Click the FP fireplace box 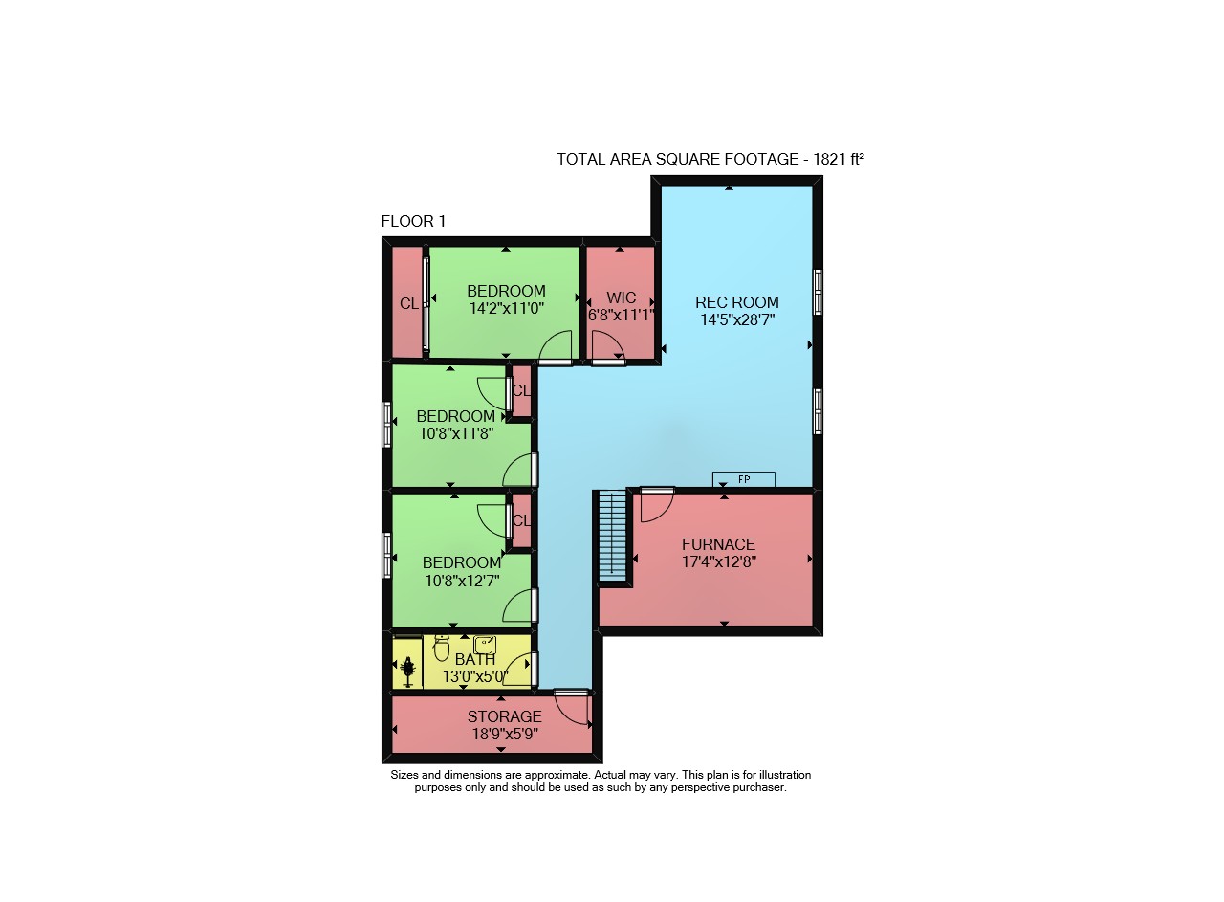(x=744, y=479)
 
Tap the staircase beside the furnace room (x=613, y=537)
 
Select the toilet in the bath (x=441, y=648)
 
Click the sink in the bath (x=485, y=645)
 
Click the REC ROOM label (x=736, y=302)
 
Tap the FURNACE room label (x=718, y=544)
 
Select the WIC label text (x=622, y=297)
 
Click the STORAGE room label (x=504, y=716)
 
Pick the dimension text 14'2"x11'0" (x=507, y=309)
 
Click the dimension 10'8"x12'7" (x=462, y=581)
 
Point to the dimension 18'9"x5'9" (x=506, y=735)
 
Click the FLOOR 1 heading (x=413, y=221)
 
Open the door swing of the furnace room (x=656, y=505)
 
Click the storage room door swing (x=572, y=708)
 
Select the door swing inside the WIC (x=607, y=346)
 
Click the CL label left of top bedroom (x=409, y=303)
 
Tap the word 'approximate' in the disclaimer (x=557, y=775)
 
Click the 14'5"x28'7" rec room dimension (x=737, y=319)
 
